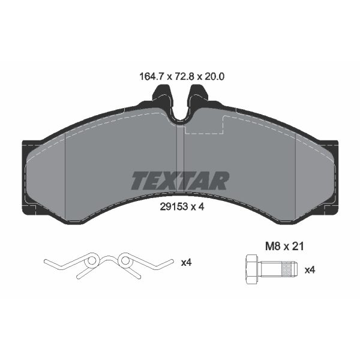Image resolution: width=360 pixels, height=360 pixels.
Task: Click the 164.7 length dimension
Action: [151, 76]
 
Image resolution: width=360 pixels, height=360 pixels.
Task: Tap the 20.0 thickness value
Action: [214, 76]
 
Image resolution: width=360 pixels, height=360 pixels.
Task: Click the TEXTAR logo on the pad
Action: [180, 181]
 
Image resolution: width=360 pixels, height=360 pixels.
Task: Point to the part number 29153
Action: [174, 207]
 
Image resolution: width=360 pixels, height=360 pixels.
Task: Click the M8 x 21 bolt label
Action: [284, 247]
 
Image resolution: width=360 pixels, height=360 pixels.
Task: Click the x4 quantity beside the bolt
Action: [310, 270]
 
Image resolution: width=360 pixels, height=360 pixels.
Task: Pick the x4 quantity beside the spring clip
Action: [186, 262]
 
